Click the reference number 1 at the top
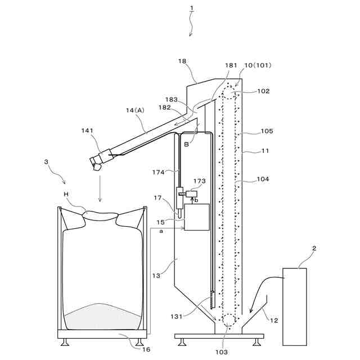191,9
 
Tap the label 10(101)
256,65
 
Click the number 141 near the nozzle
87,130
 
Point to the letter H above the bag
66,193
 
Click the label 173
200,181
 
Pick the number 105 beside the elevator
267,131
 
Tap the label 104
263,179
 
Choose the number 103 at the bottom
221,352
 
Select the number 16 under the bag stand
146,349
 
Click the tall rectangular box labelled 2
295,307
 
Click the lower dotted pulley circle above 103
229,320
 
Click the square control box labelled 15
197,217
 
